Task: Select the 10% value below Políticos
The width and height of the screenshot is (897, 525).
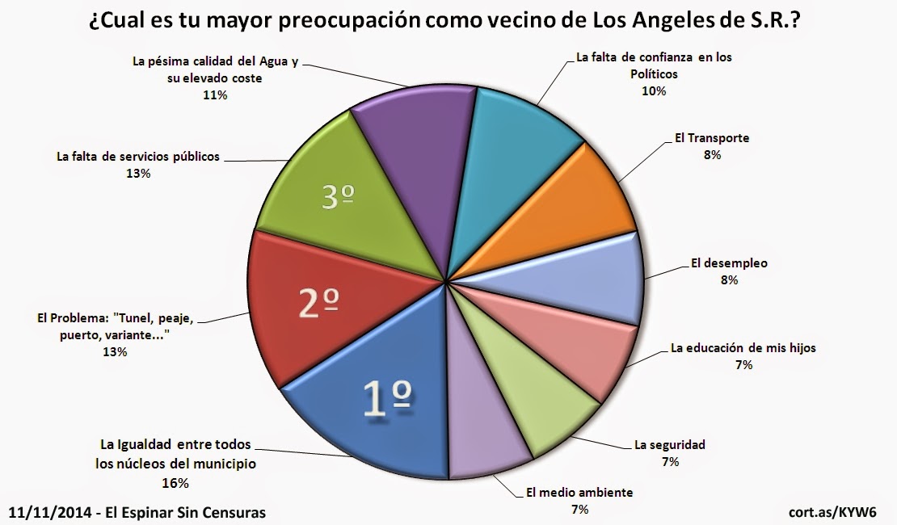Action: click(x=654, y=91)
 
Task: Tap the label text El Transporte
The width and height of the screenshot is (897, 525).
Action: click(x=711, y=138)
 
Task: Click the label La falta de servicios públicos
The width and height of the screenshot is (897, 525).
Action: click(x=137, y=157)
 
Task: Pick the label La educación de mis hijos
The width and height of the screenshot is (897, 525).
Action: click(x=743, y=349)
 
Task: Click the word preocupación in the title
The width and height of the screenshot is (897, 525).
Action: click(x=356, y=21)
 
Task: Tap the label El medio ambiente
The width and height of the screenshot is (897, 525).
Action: click(x=579, y=492)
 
